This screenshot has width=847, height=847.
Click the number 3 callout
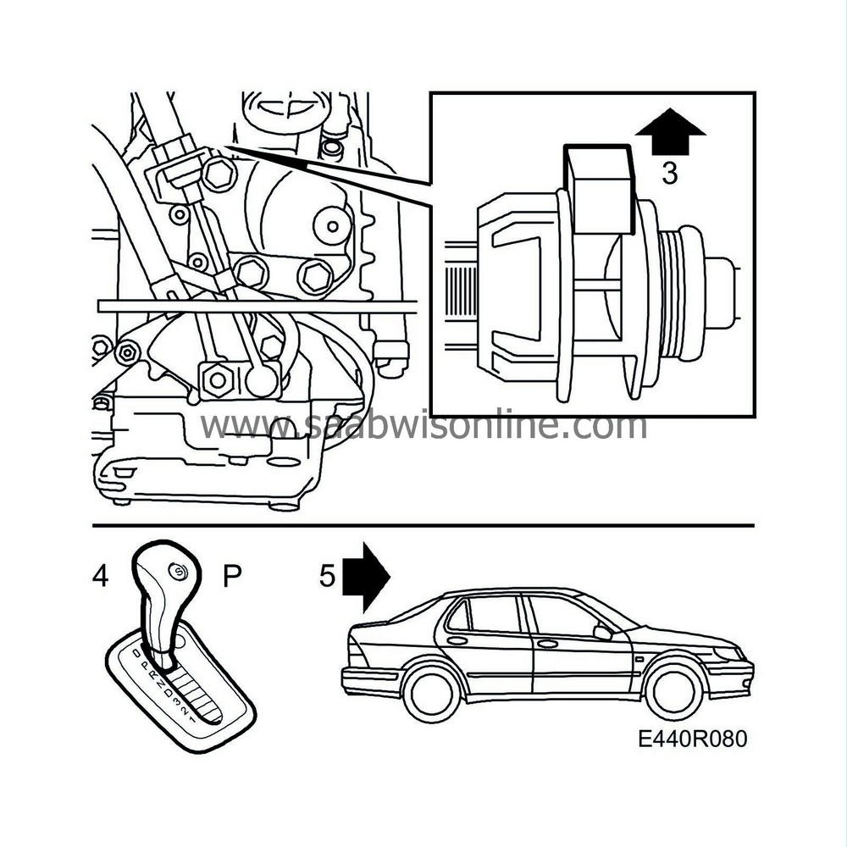(669, 174)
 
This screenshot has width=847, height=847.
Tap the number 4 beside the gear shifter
(101, 577)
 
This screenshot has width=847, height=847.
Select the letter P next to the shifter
(232, 577)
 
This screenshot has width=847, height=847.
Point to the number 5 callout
(328, 577)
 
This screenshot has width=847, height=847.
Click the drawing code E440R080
(693, 739)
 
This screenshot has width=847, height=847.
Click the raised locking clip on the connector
(600, 188)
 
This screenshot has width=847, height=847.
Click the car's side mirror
(603, 631)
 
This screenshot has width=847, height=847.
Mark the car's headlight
(728, 654)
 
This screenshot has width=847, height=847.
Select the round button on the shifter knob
(179, 572)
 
